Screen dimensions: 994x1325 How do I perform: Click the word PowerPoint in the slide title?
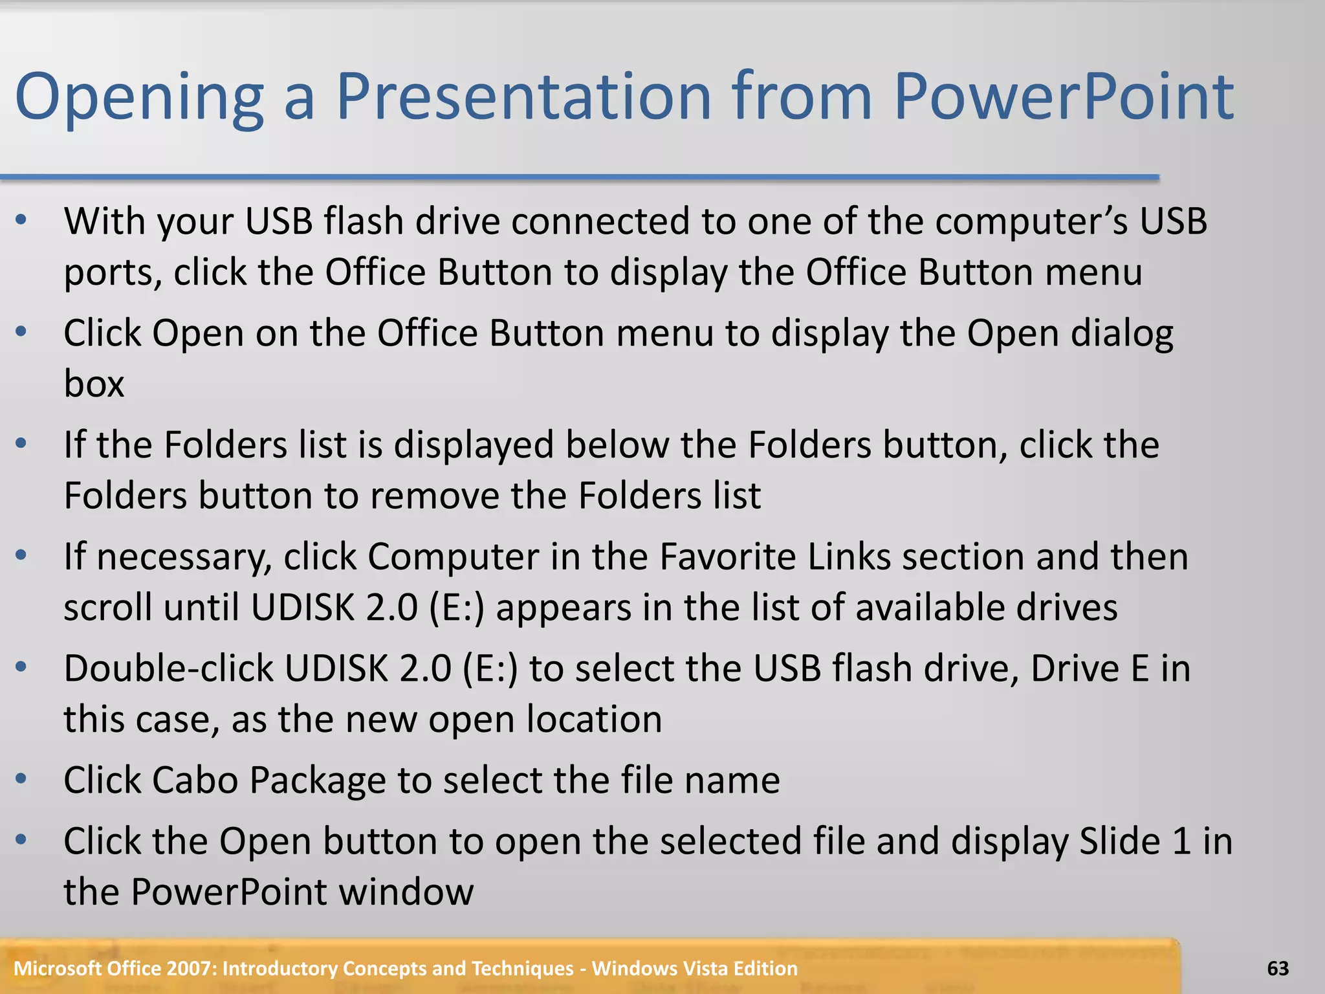[1064, 97]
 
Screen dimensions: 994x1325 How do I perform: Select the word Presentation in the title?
[523, 97]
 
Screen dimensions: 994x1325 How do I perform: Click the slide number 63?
[1278, 968]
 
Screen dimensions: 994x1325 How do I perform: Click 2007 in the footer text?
[191, 968]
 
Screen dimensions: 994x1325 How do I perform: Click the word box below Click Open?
[94, 384]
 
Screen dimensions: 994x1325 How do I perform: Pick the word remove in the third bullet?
[435, 496]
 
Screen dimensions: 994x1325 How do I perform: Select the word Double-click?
[168, 668]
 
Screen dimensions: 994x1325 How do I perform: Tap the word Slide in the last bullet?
[1121, 841]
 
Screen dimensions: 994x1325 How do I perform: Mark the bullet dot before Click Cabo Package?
[21, 779]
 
